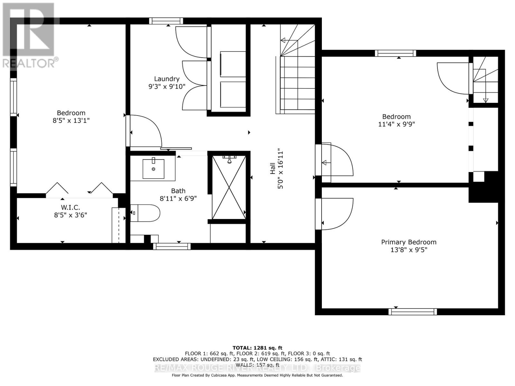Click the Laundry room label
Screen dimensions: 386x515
[166, 79]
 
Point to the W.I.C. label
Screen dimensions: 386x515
[71, 207]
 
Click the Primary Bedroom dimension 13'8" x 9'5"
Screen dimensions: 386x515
[408, 250]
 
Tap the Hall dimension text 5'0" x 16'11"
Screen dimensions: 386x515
[280, 168]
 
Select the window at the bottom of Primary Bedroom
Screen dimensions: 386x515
[412, 311]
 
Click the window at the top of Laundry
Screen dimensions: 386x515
[166, 21]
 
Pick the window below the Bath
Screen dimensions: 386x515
[172, 246]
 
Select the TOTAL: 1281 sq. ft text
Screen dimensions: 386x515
[257, 348]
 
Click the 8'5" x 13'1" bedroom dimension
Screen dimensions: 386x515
[71, 121]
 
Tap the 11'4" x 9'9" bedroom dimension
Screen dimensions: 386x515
[396, 124]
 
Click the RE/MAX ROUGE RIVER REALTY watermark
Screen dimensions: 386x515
[257, 368]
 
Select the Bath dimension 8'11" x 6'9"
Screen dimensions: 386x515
[178, 198]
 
